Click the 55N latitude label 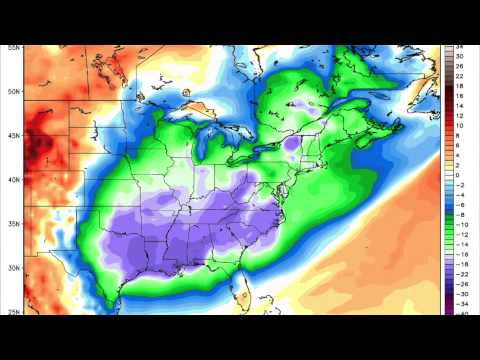click(x=13, y=47)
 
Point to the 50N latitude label click(x=13, y=92)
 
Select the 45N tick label click(x=13, y=136)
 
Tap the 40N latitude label click(x=13, y=180)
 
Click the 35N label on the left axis click(x=13, y=224)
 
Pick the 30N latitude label click(x=13, y=268)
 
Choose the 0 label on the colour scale click(x=460, y=175)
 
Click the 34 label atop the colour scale click(x=461, y=47)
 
